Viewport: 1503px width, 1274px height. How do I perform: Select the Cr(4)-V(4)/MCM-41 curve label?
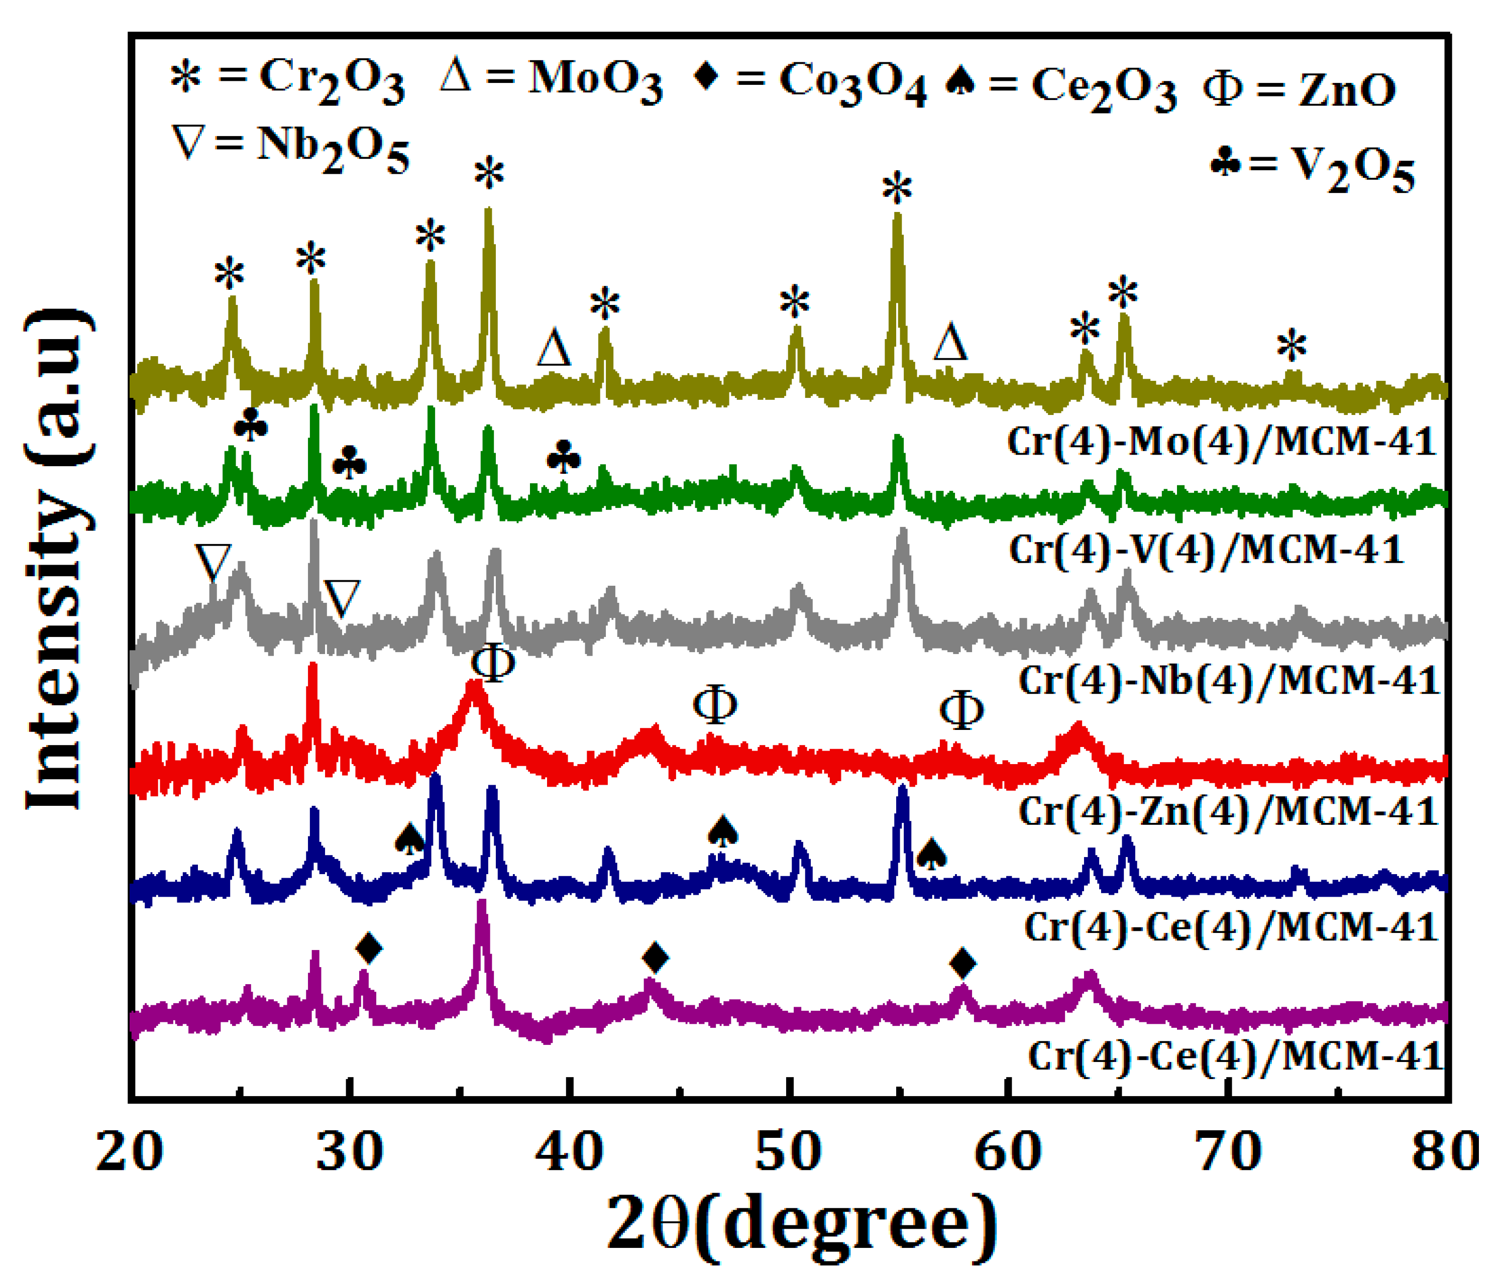coord(1206,550)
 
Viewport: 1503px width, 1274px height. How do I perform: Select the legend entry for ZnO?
coord(1298,91)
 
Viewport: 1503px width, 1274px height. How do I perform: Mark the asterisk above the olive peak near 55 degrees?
coord(897,189)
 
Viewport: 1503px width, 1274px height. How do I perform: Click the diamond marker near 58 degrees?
coord(962,963)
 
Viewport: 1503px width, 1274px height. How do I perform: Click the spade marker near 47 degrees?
coord(723,831)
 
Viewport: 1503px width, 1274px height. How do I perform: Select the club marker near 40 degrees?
coord(563,458)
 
